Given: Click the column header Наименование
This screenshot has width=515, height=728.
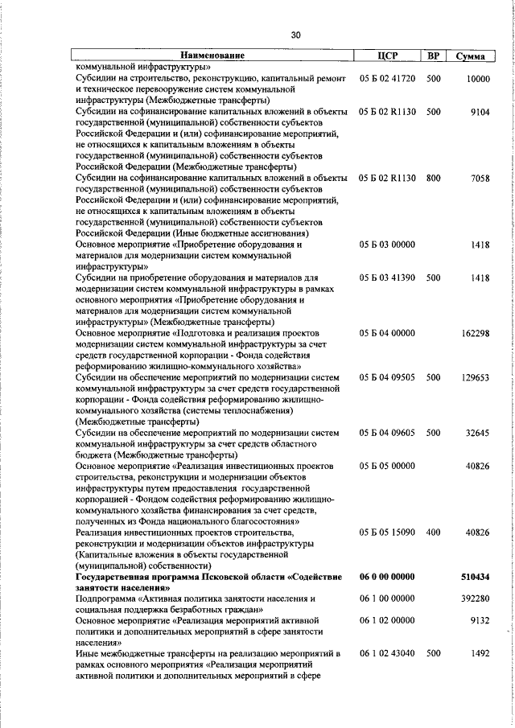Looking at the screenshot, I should pyautogui.click(x=212, y=56).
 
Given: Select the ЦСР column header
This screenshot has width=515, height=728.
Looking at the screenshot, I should pyautogui.click(x=388, y=56).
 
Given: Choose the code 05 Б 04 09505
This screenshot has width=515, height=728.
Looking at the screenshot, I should pyautogui.click(x=387, y=377).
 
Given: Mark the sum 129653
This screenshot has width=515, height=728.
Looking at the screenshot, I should pyautogui.click(x=475, y=377).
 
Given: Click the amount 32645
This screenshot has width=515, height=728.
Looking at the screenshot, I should pyautogui.click(x=477, y=433).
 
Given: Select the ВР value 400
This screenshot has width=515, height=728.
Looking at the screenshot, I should pyautogui.click(x=433, y=533).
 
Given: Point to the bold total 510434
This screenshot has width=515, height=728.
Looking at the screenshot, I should pyautogui.click(x=475, y=577).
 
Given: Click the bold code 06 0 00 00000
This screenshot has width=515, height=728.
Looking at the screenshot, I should pyautogui.click(x=387, y=577).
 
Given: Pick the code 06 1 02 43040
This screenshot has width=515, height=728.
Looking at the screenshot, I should pyautogui.click(x=387, y=654).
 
